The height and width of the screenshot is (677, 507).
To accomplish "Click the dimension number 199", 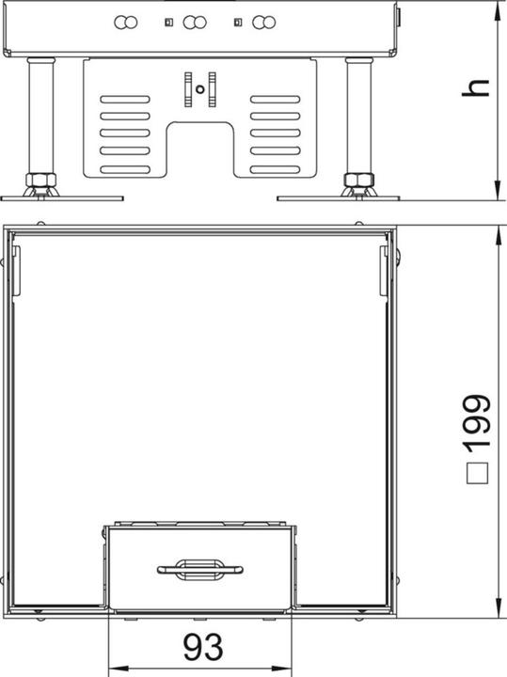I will tap(477, 418).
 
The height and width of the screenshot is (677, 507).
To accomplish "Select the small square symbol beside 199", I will tap(477, 473).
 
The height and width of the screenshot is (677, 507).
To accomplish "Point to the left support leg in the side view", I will tap(41, 118).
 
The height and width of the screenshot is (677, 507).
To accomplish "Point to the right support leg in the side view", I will tap(357, 118).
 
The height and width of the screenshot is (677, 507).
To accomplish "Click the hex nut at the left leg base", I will tap(40, 179).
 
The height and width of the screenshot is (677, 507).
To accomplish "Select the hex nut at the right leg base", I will tap(357, 179).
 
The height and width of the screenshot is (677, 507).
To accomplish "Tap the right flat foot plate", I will tap(339, 197).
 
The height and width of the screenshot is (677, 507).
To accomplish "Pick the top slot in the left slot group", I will tap(122, 97).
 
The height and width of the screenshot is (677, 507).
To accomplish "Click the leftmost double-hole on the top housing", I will tap(125, 22).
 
